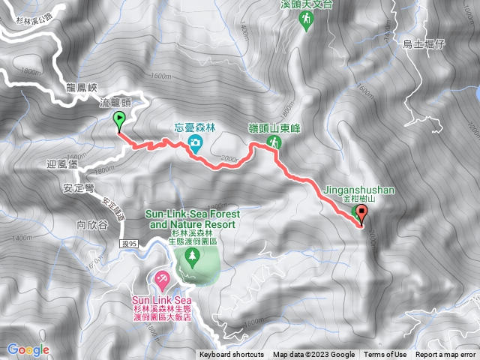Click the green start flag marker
click(x=119, y=120)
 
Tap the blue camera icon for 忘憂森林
click(x=195, y=142)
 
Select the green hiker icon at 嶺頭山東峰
click(x=274, y=142)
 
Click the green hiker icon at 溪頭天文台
click(x=305, y=22)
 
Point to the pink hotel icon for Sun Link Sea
click(x=160, y=280)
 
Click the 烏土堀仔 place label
click(x=424, y=44)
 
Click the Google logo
click(x=28, y=349)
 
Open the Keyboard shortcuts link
click(x=232, y=355)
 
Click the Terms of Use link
click(x=385, y=355)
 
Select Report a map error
click(x=445, y=355)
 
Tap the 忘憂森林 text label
click(x=195, y=126)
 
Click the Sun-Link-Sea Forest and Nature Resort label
click(x=190, y=218)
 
